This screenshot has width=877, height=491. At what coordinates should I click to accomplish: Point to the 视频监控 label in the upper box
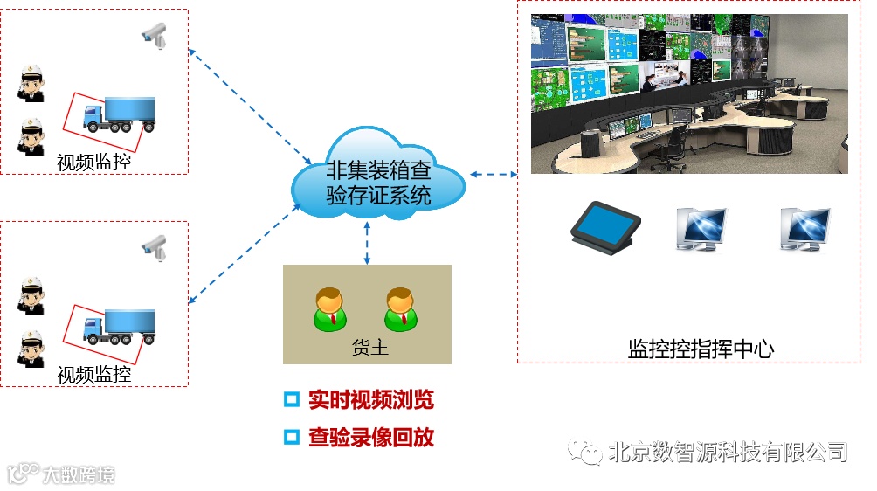[x=94, y=162]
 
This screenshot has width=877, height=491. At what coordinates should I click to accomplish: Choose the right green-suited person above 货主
[x=399, y=308]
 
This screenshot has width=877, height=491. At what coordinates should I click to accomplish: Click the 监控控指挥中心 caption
[x=701, y=349]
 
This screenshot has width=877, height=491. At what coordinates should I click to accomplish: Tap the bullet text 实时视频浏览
[x=370, y=400]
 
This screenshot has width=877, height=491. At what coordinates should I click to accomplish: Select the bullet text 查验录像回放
[x=370, y=437]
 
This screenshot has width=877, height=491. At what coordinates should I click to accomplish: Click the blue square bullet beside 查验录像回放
[x=292, y=437]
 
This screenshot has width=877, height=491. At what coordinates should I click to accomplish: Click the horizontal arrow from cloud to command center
[x=494, y=174]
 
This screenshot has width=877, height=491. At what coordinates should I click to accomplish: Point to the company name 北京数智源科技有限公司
[x=727, y=452]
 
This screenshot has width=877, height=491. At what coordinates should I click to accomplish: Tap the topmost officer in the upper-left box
[x=33, y=83]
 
